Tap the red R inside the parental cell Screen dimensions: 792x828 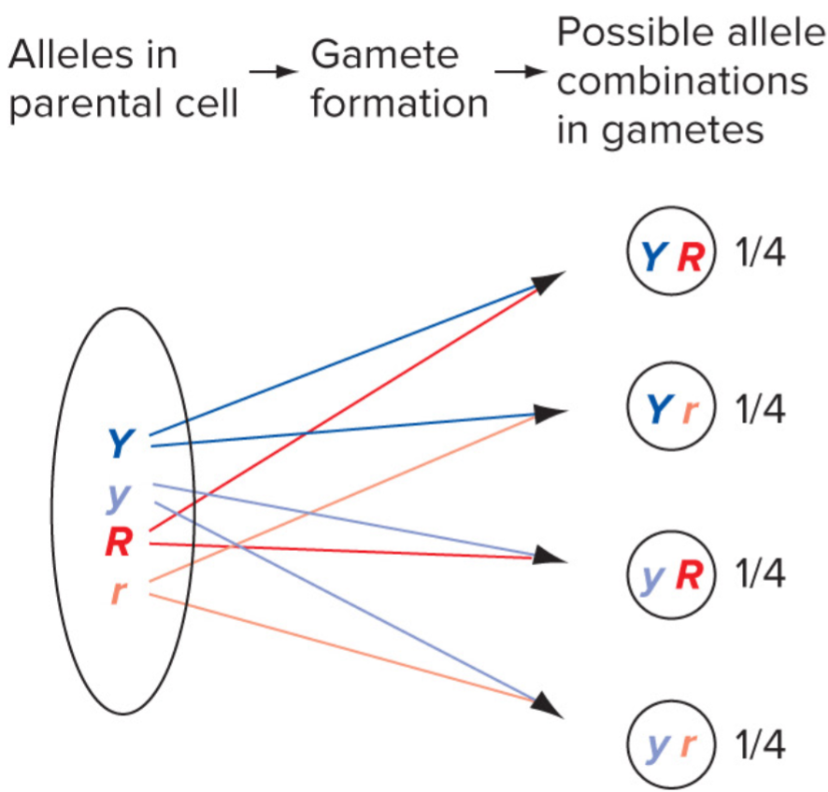[119, 543]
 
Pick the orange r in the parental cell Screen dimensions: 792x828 [117, 592]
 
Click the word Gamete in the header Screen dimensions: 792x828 [385, 56]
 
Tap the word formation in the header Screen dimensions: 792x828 [399, 103]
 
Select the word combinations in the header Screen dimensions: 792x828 [682, 81]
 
